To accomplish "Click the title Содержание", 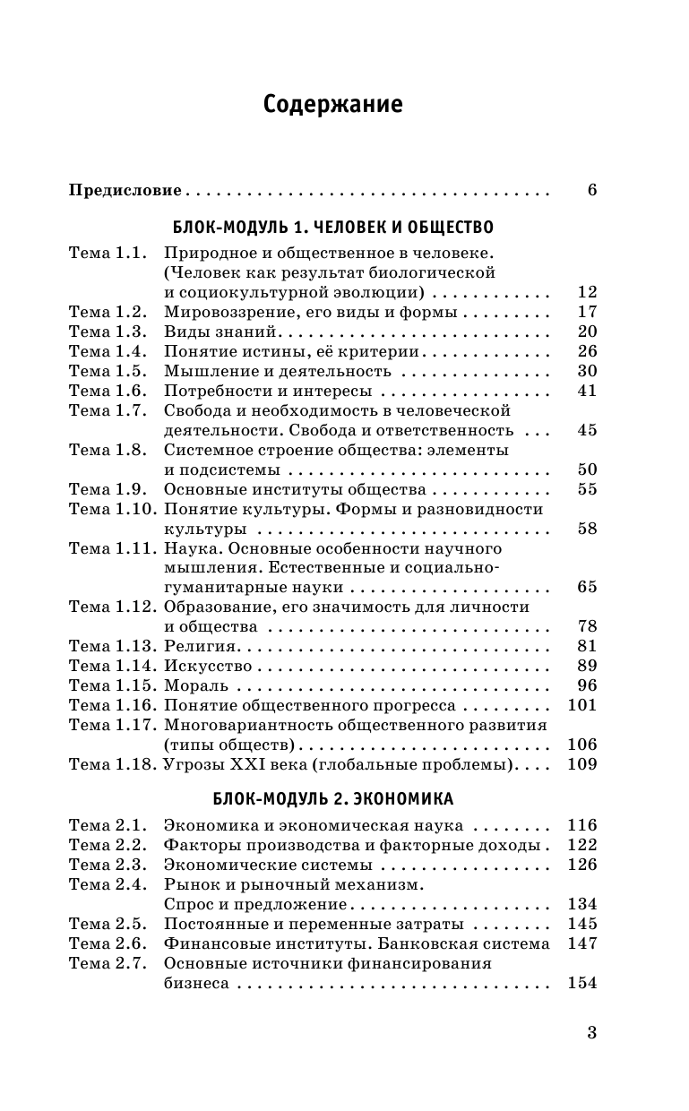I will tap(333, 105).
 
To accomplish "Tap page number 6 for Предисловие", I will tap(591, 190).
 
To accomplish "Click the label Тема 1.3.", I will tap(107, 332).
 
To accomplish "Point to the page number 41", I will tap(587, 391).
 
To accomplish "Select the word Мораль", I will tap(196, 686).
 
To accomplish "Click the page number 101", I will tap(582, 706).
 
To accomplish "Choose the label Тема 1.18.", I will tap(110, 765).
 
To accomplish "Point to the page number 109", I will tap(582, 765).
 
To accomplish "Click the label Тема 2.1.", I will tap(107, 825).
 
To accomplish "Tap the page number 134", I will tap(582, 904).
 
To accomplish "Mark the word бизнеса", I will tap(197, 983).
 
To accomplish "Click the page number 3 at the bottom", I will tap(591, 1032).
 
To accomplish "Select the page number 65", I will tap(587, 588).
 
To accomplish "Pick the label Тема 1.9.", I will tap(107, 489).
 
